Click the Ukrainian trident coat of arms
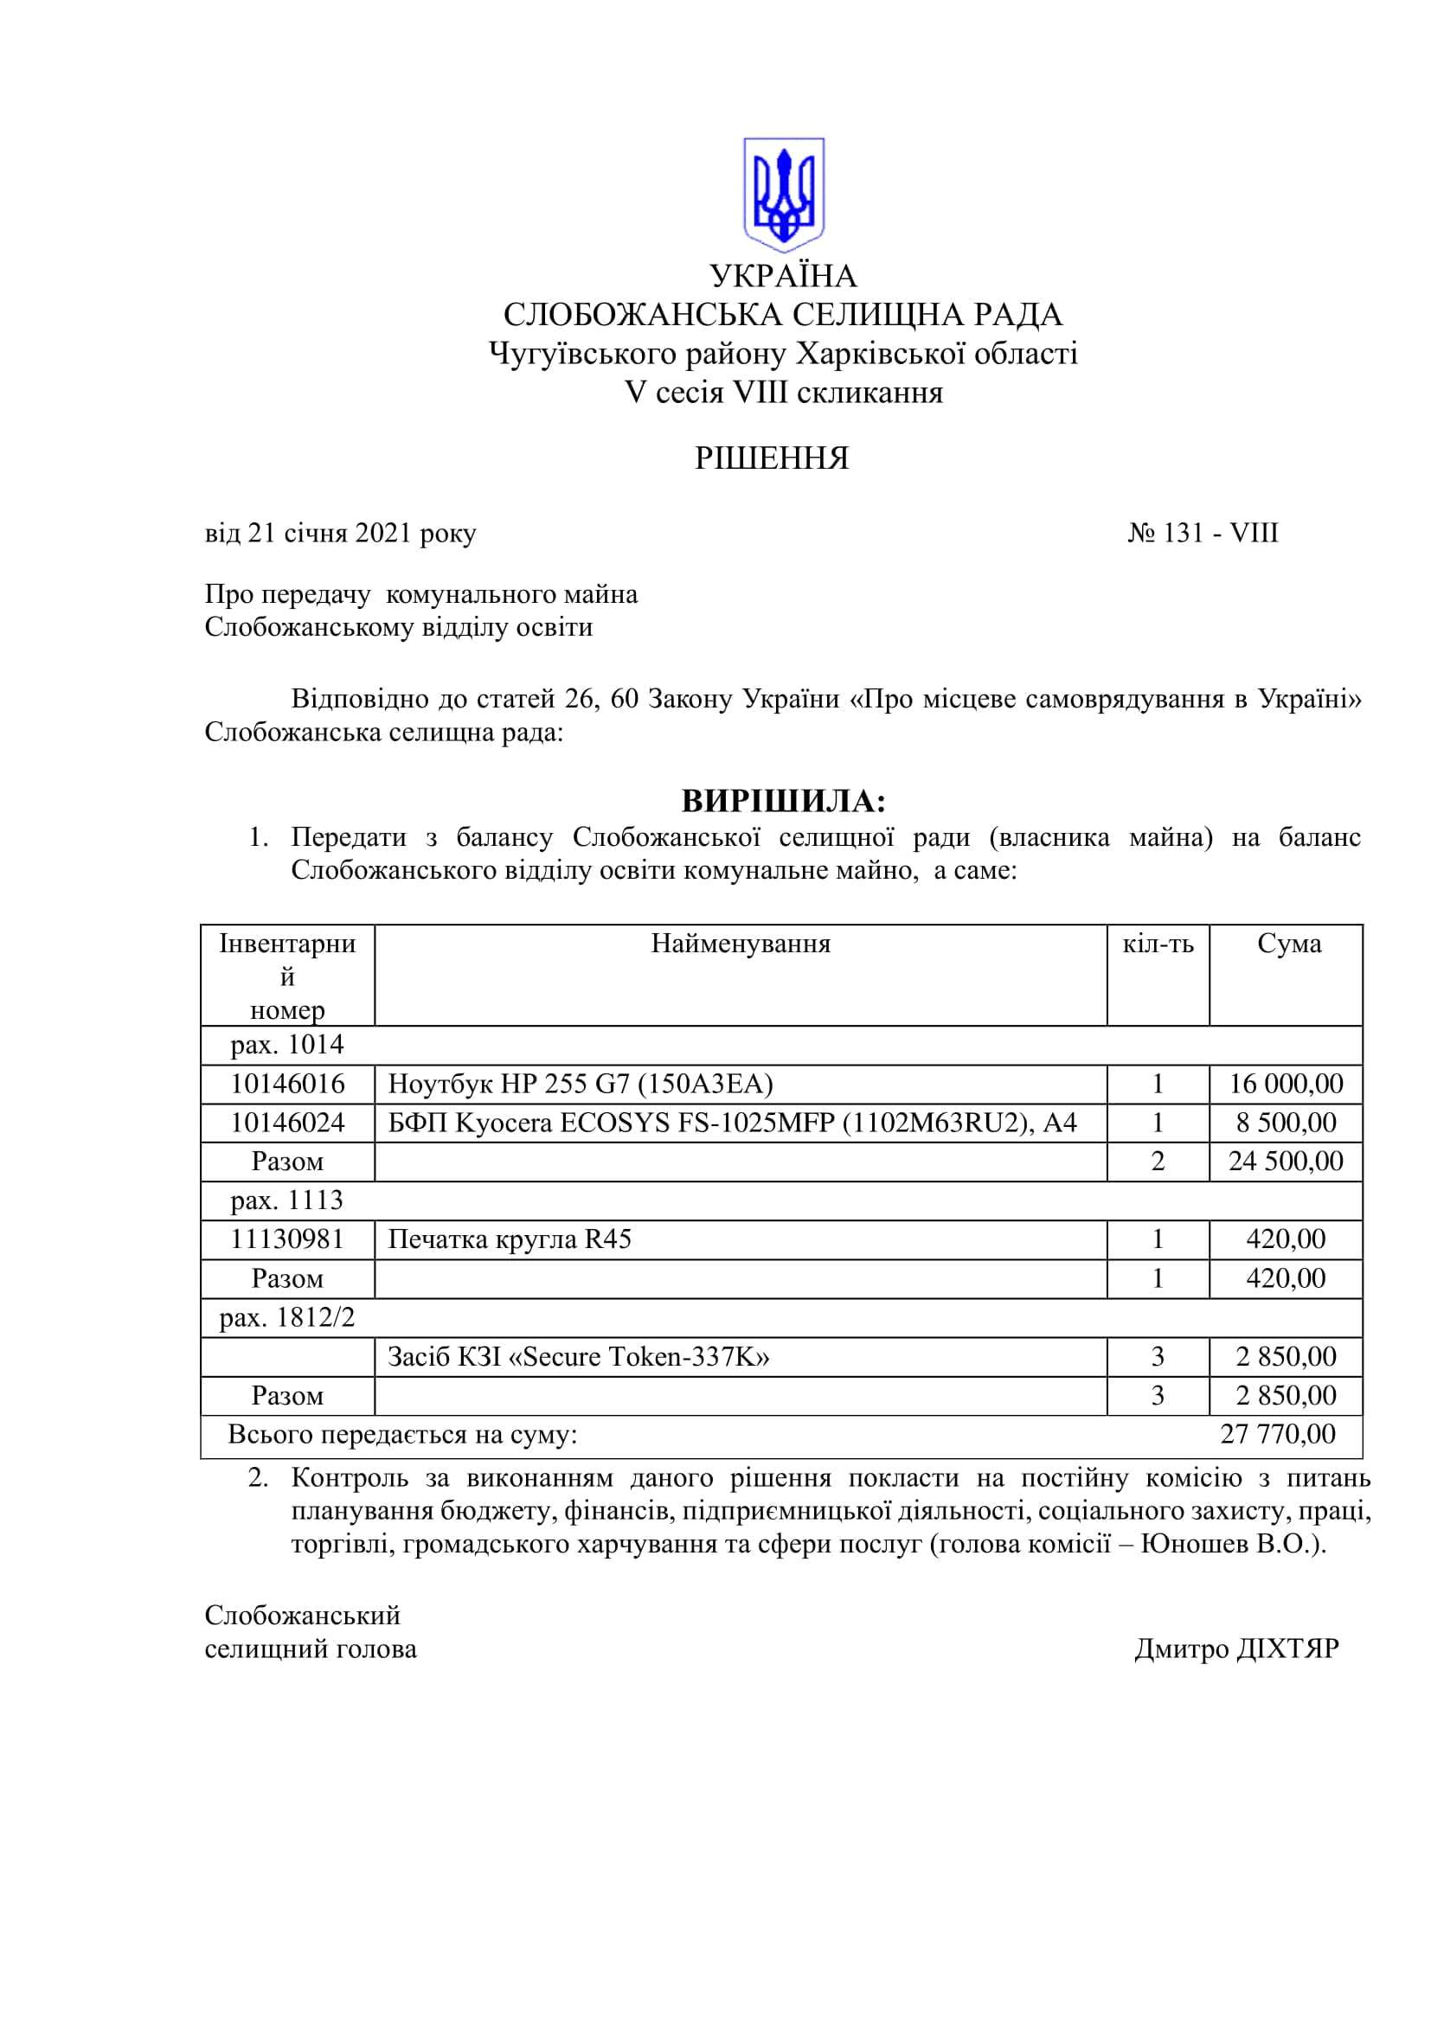point(783,195)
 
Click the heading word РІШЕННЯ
point(771,459)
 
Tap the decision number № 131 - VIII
point(1203,533)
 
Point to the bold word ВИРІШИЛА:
point(783,801)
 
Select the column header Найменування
point(741,944)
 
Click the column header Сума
point(1289,944)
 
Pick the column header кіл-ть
point(1158,944)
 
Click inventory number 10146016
point(287,1084)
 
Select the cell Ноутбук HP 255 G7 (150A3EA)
point(581,1084)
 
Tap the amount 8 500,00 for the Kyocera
point(1286,1123)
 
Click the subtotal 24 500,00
point(1286,1162)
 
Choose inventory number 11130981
point(287,1239)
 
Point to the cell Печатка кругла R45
point(510,1239)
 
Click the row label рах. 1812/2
point(287,1317)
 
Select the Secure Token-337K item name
point(579,1357)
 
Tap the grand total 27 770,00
point(1278,1434)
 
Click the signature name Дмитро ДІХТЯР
point(1236,1648)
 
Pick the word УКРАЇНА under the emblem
point(783,276)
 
